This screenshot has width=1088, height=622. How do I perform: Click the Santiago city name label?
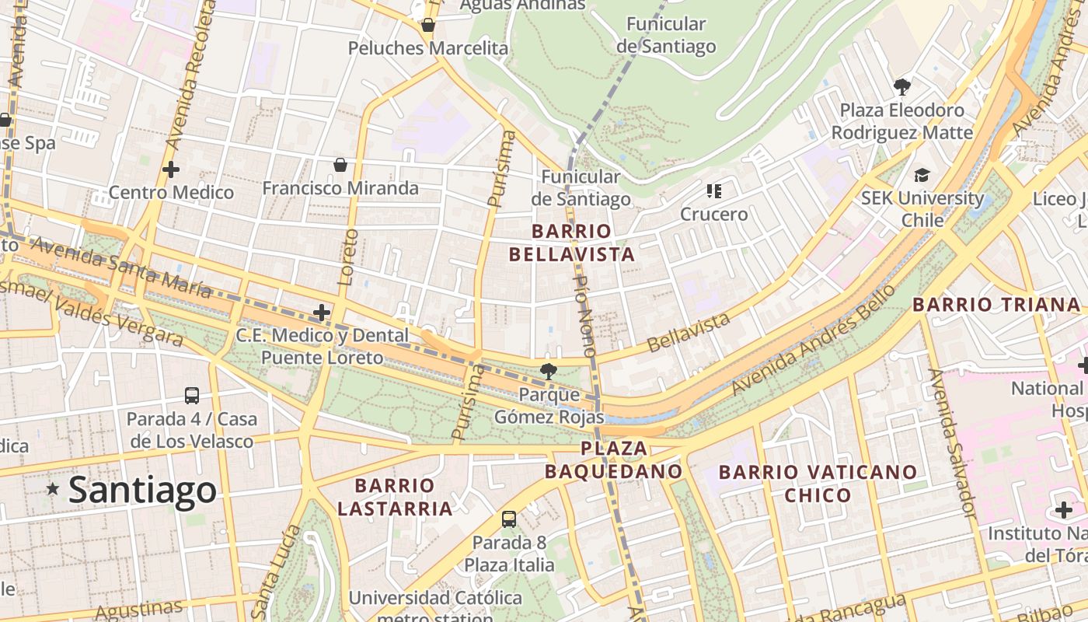(142, 490)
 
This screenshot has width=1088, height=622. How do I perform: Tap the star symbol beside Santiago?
(53, 489)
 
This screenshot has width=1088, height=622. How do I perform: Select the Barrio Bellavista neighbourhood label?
(572, 243)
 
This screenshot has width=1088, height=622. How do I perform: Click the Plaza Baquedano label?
(613, 460)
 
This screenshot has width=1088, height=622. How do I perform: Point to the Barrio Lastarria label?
(395, 497)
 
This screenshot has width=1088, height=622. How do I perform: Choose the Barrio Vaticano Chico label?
(818, 483)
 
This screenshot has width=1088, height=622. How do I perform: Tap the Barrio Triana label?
(996, 305)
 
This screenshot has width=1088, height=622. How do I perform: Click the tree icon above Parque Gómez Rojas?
(549, 371)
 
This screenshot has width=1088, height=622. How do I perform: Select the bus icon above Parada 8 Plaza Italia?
(509, 519)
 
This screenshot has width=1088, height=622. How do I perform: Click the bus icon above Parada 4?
(192, 395)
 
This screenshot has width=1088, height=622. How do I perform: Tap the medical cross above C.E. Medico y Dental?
(321, 313)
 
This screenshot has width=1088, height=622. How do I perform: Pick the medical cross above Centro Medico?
(171, 169)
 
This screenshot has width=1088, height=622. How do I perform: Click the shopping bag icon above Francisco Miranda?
(340, 165)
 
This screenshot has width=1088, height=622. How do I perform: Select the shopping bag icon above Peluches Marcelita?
(427, 26)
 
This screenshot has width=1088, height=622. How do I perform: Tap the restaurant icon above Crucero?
(714, 190)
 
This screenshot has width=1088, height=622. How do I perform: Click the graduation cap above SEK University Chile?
(922, 175)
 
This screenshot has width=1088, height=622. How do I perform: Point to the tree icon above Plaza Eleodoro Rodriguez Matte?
(901, 86)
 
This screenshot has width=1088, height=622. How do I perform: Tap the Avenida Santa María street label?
(121, 267)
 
